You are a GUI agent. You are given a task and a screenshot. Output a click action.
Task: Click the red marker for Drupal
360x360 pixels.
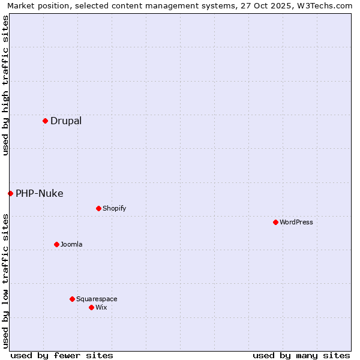[x=45, y=121]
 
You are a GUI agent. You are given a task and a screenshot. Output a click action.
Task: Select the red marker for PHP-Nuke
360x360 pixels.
[x=10, y=193]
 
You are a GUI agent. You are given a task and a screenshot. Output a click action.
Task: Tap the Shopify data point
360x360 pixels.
[x=98, y=209]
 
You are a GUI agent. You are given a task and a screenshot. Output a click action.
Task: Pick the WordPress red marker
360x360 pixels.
[x=275, y=223]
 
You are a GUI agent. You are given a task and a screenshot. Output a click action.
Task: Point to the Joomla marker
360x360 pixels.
[x=56, y=245]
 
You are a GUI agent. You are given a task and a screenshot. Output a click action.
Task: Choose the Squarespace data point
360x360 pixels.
[x=72, y=299]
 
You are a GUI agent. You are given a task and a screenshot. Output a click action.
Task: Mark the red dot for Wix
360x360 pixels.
[x=91, y=308]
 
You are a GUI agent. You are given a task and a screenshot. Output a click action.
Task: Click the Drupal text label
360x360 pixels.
[x=66, y=121]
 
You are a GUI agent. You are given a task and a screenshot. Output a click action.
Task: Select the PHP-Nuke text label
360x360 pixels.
[x=40, y=193]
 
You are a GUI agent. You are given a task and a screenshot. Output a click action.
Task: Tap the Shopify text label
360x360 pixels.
[x=114, y=209]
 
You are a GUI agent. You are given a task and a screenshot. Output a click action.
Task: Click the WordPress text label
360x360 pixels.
[x=296, y=223]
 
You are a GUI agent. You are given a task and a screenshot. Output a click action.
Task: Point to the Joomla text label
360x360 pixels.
[x=71, y=245]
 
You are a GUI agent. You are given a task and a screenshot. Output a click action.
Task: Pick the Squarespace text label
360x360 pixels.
[x=97, y=299]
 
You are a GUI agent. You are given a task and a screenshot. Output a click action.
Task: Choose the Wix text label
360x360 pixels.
[x=101, y=308]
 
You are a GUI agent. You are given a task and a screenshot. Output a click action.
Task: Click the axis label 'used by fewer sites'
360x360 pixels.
[x=62, y=355]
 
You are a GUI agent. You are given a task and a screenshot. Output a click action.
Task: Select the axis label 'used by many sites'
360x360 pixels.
[x=301, y=355]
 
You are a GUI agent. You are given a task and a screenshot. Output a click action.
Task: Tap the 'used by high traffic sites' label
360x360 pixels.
[x=5, y=85]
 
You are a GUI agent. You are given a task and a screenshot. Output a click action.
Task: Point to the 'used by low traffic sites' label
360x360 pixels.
[x=5, y=281]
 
